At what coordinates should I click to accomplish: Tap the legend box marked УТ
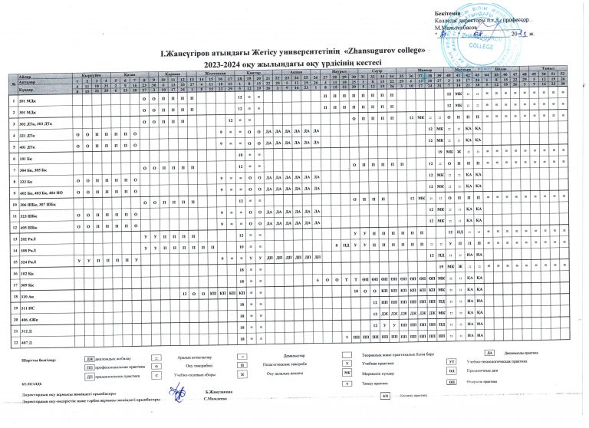[x=452, y=361]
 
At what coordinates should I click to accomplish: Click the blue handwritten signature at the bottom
[x=178, y=393]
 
